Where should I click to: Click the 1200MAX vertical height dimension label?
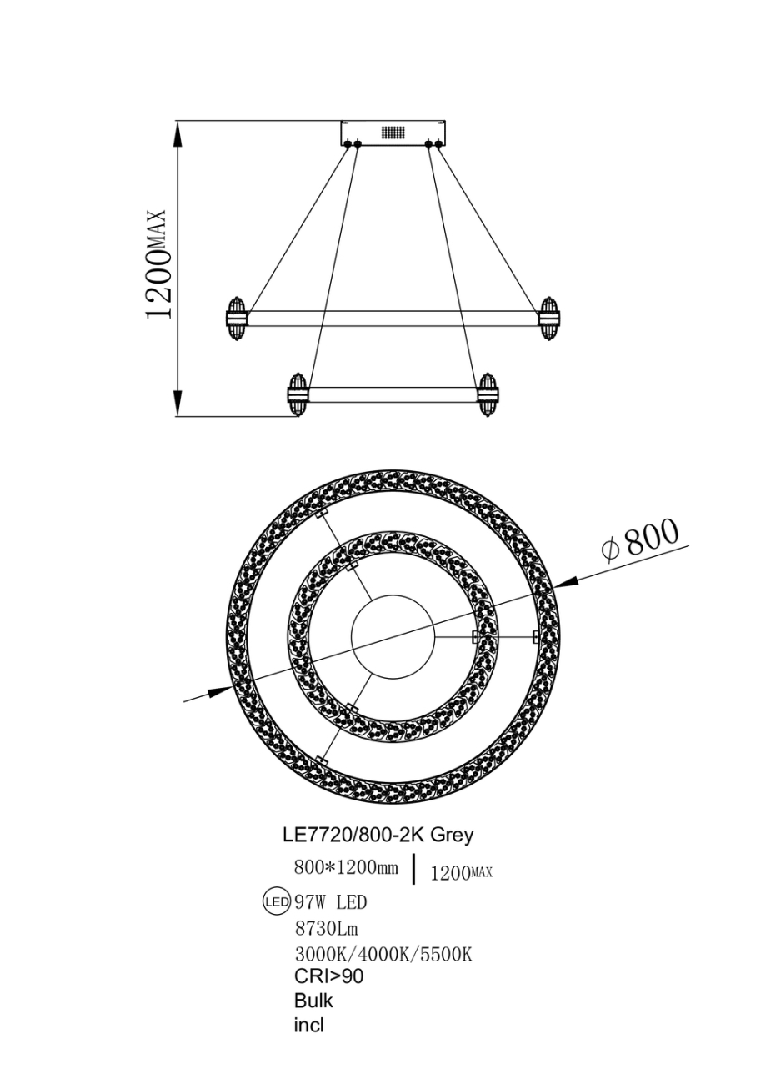(158, 263)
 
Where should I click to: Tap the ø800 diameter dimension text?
(639, 539)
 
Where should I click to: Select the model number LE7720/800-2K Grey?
(378, 836)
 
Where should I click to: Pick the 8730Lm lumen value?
(326, 928)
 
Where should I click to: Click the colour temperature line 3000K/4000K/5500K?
(383, 955)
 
